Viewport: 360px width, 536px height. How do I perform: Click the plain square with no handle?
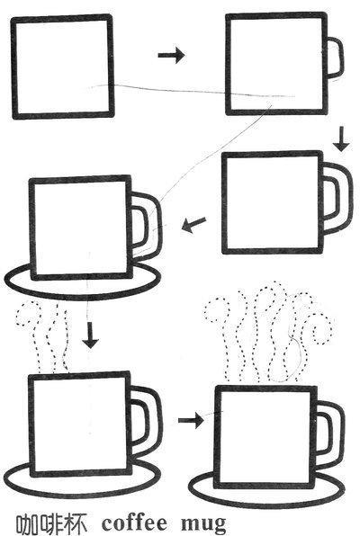pos(13,67)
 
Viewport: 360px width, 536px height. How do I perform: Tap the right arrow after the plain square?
pos(171,55)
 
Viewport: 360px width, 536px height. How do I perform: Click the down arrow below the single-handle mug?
pos(341,139)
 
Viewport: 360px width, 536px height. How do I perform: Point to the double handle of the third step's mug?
pos(350,198)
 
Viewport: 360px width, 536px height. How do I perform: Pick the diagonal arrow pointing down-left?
pos(193,225)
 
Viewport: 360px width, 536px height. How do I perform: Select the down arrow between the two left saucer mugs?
pos(90,335)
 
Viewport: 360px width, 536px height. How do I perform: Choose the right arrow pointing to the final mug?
pos(191,420)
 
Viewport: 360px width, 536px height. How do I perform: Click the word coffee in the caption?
pos(134,523)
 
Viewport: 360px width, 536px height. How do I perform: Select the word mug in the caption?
pos(203,524)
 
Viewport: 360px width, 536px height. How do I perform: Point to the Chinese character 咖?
pos(28,523)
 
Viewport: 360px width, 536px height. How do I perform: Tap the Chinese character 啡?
pos(52,523)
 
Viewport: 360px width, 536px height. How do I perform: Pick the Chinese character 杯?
pos(76,523)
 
